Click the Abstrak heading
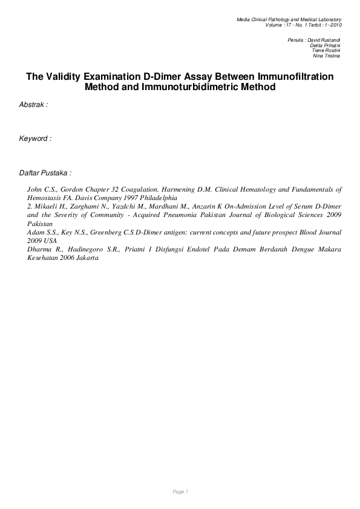33,105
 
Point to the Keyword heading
35,138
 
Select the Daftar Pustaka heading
45,173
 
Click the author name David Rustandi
324,39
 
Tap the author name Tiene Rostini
326,50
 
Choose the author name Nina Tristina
327,56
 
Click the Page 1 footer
180,491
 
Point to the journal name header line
289,21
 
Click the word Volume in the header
274,25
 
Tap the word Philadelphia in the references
160,197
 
